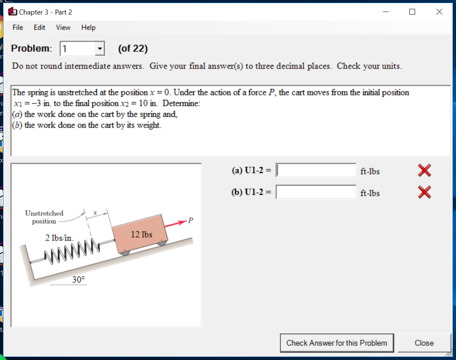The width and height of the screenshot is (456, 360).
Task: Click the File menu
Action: [18, 28]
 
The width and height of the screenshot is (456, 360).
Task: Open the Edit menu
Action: [40, 28]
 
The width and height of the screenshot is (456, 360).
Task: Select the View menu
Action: [63, 28]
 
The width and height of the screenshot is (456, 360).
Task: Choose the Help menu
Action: [88, 28]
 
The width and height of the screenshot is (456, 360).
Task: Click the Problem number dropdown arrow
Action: [100, 49]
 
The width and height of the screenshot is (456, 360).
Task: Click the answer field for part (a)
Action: [316, 170]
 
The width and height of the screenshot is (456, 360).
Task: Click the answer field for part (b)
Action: [316, 192]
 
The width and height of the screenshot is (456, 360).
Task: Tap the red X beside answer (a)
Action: [424, 170]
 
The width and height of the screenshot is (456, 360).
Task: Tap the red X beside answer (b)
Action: [424, 192]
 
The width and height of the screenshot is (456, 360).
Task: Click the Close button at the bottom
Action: [424, 343]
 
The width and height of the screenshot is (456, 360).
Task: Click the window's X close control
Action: [439, 12]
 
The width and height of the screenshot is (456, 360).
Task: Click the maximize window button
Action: [412, 12]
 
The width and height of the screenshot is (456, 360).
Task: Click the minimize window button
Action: [386, 12]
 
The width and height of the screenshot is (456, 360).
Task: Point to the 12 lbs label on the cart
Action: [142, 234]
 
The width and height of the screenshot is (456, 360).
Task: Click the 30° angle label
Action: [78, 280]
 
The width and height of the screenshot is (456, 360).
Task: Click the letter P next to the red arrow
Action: [191, 220]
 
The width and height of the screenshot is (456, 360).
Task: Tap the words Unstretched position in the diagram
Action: [44, 217]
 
